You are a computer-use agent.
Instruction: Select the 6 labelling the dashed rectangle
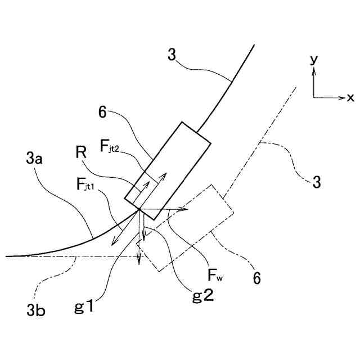click(x=256, y=277)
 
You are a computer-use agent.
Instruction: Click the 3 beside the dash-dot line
click(x=317, y=182)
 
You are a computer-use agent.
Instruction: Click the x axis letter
click(x=350, y=98)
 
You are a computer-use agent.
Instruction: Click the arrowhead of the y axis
click(x=314, y=70)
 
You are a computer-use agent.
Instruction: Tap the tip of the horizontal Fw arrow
click(x=187, y=209)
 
